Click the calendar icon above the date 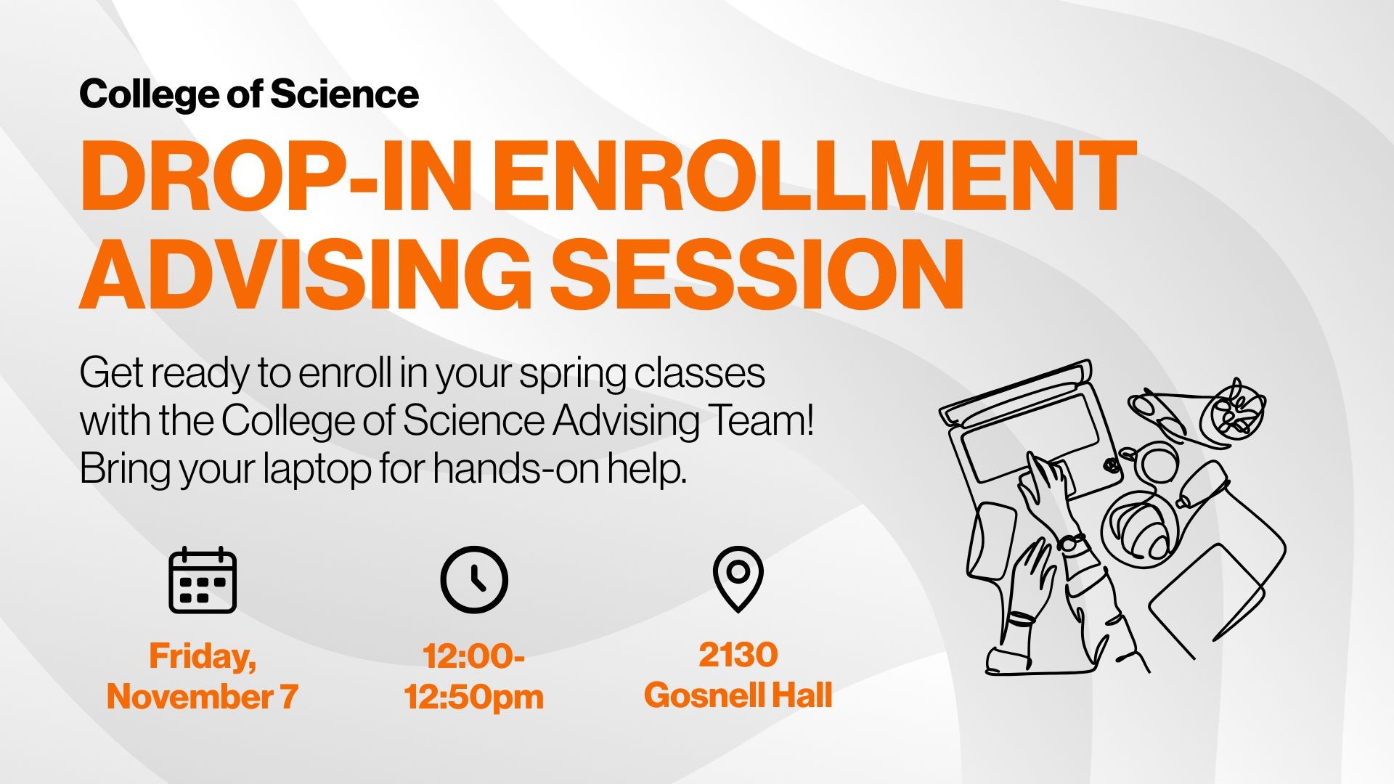tap(203, 580)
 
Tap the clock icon tap(474, 580)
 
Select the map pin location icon tap(738, 579)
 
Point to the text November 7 tap(203, 696)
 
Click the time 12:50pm tap(474, 696)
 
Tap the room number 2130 tap(738, 655)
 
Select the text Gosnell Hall tap(738, 695)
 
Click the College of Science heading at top tap(249, 94)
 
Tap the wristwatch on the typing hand tap(1071, 542)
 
